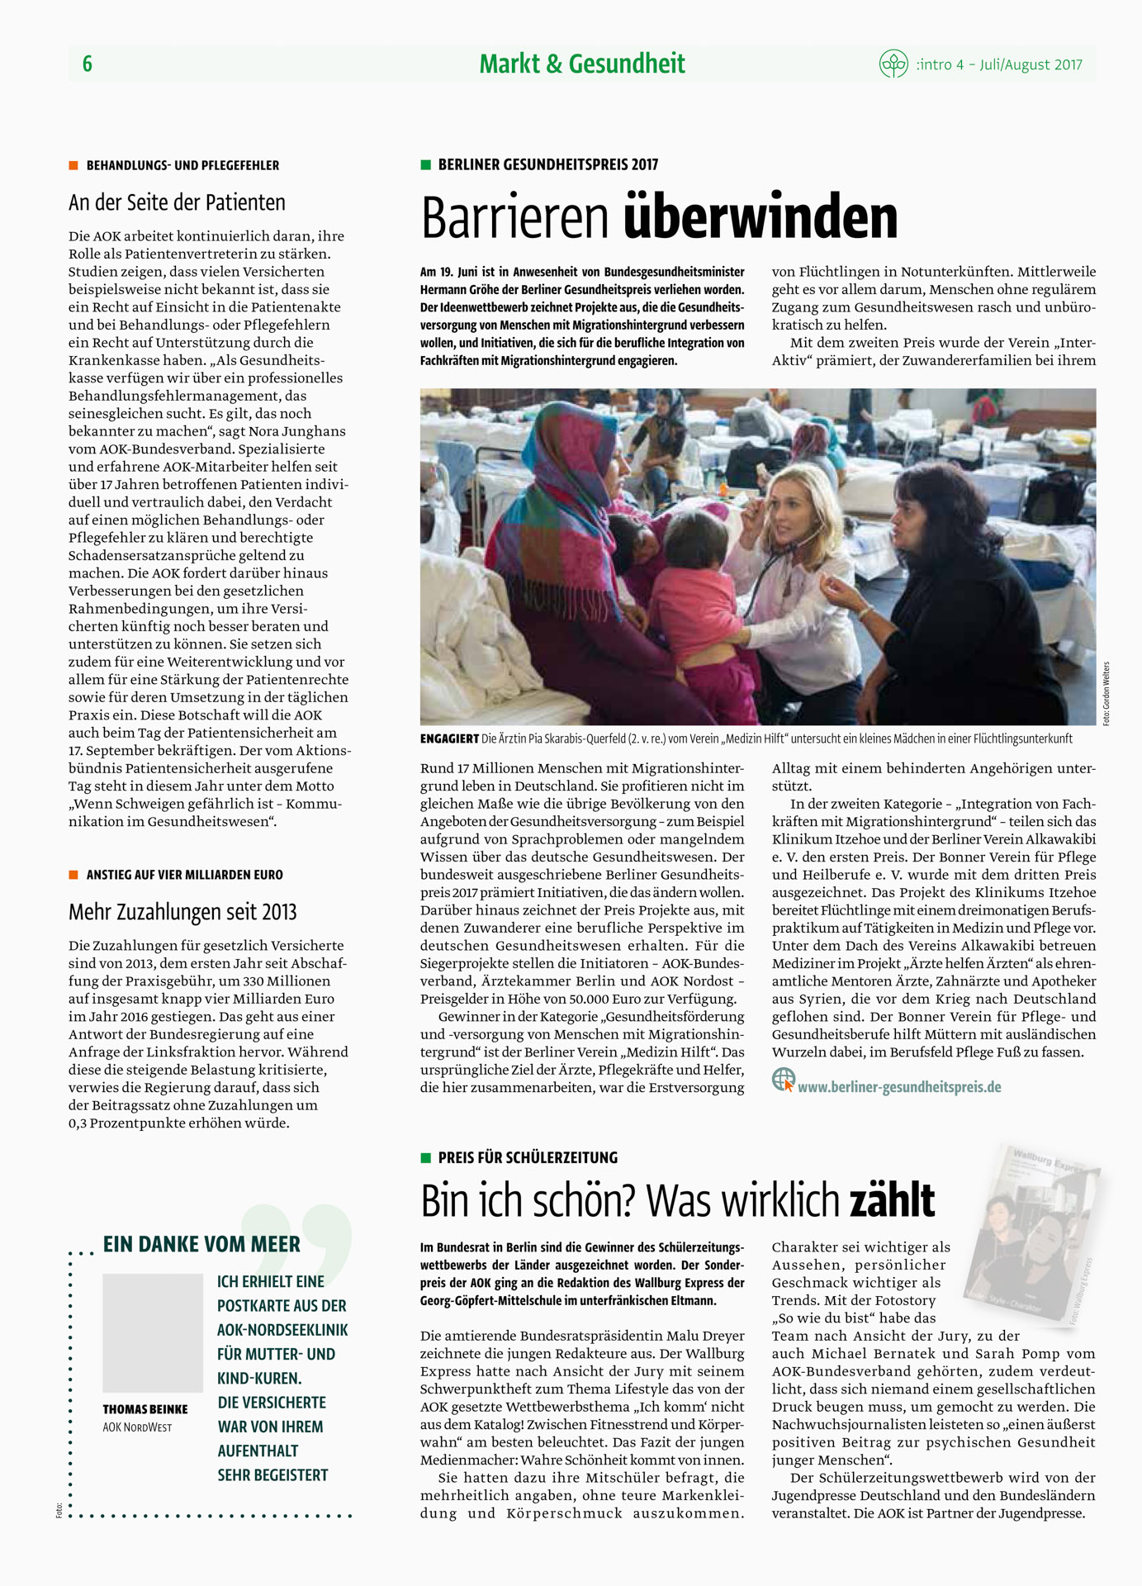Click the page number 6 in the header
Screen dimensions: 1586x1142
pos(88,64)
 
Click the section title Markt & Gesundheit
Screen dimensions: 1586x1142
pos(582,64)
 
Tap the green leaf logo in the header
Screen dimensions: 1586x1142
pos(893,64)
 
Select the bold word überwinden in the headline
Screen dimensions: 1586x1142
pos(760,217)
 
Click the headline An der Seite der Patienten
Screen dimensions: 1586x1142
pos(177,202)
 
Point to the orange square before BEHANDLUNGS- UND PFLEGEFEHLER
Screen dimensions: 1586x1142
pos(73,165)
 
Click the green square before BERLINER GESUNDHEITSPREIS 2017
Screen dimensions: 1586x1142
pos(426,164)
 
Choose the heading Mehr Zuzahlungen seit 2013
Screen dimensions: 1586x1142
pos(182,912)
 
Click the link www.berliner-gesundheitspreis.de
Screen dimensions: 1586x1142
pos(899,1087)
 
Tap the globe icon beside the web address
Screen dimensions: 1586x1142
pos(783,1079)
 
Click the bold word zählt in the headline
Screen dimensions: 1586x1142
pos(892,1200)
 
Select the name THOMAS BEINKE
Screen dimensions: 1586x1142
pos(145,1409)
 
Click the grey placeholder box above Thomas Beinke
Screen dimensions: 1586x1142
pos(153,1332)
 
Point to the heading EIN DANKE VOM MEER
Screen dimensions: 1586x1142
pos(201,1244)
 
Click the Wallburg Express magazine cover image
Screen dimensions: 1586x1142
pos(1036,1235)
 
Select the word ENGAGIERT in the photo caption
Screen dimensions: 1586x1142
pos(449,738)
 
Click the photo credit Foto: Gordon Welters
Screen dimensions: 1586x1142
pos(1106,694)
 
